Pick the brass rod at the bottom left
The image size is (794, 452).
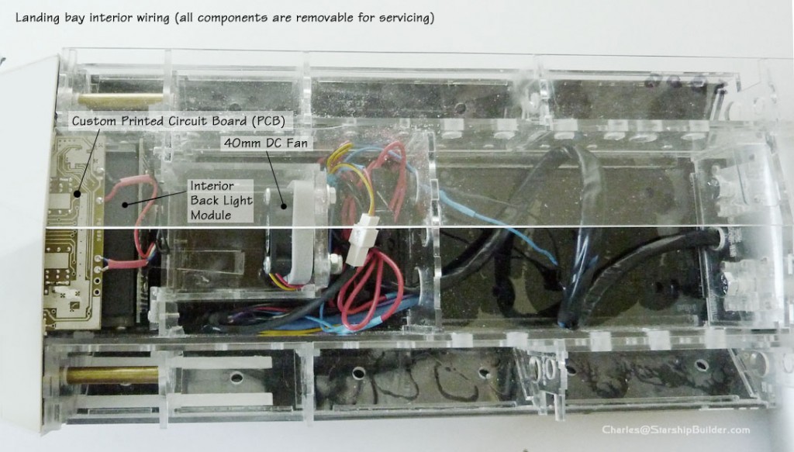point(112,375)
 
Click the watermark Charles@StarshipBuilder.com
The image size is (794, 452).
point(675,430)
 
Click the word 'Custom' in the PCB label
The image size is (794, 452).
point(93,122)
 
